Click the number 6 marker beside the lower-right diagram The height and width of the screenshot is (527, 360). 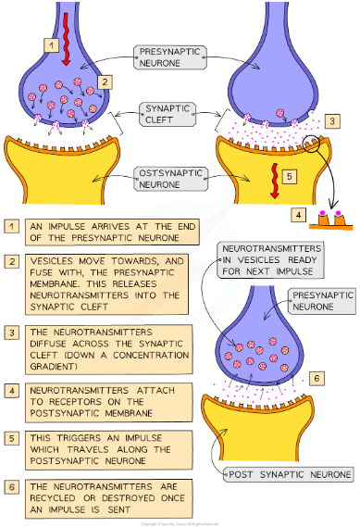(317, 378)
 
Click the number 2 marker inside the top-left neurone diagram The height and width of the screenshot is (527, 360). (106, 82)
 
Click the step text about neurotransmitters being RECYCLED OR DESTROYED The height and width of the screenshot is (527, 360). (106, 492)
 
